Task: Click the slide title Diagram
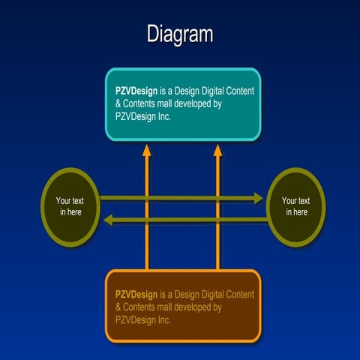(x=180, y=34)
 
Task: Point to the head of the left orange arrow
(x=147, y=151)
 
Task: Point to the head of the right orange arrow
(x=218, y=151)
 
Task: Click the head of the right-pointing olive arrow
(x=258, y=198)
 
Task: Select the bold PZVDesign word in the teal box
(x=135, y=91)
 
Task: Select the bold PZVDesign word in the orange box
(x=135, y=294)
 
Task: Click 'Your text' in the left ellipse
(x=70, y=201)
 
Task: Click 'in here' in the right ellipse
(x=295, y=212)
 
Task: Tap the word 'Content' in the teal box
(x=238, y=91)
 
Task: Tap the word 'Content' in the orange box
(x=238, y=294)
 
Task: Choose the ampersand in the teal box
(x=118, y=103)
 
